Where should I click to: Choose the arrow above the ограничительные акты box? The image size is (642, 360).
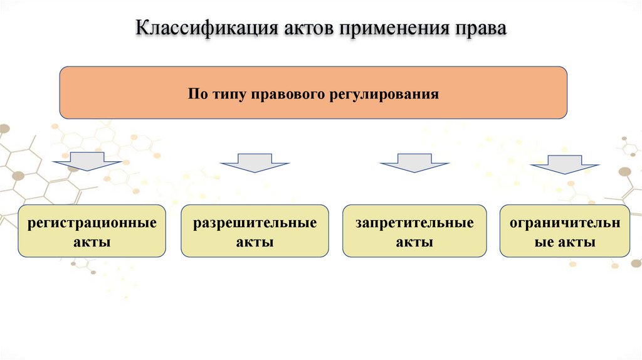coord(564,164)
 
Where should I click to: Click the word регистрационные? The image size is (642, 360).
coord(92,223)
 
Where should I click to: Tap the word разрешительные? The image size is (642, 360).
coord(255,223)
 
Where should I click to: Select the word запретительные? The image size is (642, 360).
coord(414,223)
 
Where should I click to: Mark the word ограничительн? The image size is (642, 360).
coord(565,223)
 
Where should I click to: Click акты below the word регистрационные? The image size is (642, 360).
coord(92,241)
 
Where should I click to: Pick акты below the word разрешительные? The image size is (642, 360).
coord(255,241)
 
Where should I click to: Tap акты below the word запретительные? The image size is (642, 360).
coord(414,241)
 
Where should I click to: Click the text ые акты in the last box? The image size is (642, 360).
coord(565,241)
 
